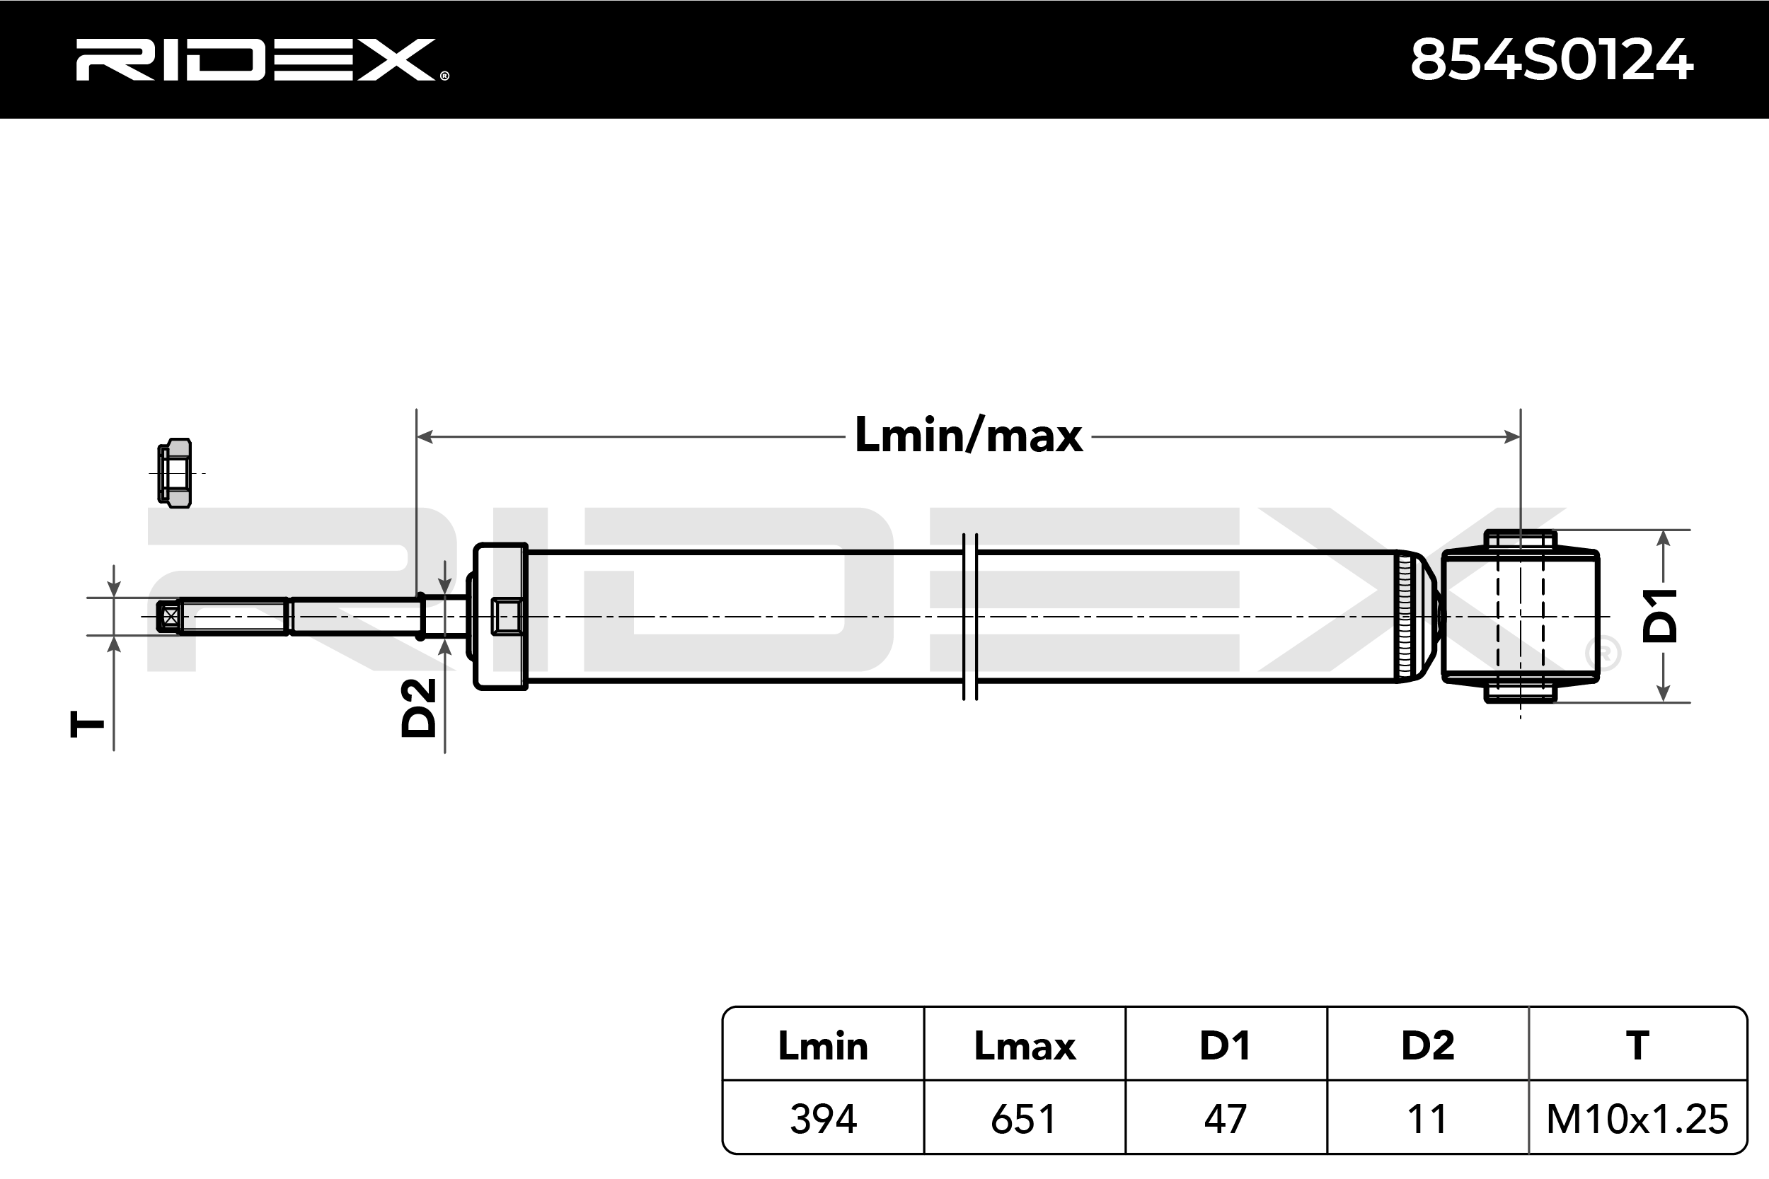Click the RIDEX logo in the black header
coord(262,59)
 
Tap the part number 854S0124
coord(1551,60)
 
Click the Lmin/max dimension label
coord(969,436)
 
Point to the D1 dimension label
coord(1660,616)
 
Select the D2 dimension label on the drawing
coord(419,707)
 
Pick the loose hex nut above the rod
coord(175,474)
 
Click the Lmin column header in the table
coord(823,1046)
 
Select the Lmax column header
coord(1025,1046)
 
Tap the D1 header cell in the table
coord(1226,1046)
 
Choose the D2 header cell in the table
coord(1427,1046)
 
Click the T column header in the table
coord(1637,1046)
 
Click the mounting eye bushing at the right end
coord(1520,617)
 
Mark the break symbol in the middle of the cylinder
coord(970,617)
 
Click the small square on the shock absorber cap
coord(507,617)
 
